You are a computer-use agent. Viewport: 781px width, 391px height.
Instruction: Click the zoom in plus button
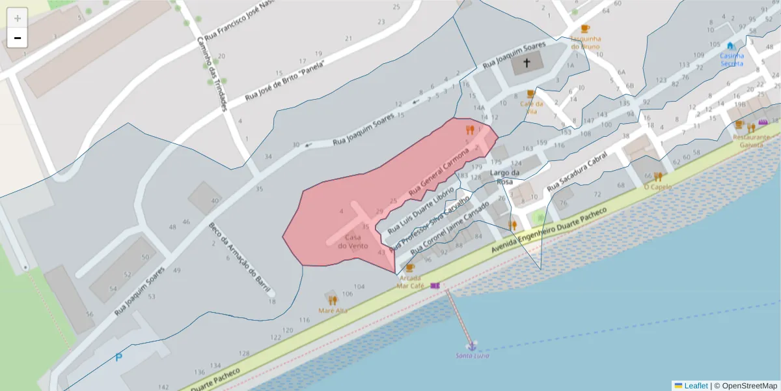[18, 18]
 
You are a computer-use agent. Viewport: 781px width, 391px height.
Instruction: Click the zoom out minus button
[18, 38]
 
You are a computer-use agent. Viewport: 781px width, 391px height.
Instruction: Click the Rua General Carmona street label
[439, 173]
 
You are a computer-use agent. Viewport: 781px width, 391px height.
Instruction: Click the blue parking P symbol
[118, 357]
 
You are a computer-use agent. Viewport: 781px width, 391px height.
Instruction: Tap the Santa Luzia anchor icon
[471, 346]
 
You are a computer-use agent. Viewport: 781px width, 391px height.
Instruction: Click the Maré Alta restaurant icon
[333, 300]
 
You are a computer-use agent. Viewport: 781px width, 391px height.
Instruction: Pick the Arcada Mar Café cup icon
[409, 267]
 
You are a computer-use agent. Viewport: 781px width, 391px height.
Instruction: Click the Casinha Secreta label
[732, 59]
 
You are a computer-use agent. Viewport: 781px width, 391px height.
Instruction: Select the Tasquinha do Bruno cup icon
[585, 29]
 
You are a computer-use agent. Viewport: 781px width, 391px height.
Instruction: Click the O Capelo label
[657, 186]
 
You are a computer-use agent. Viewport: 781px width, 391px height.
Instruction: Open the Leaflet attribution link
[695, 386]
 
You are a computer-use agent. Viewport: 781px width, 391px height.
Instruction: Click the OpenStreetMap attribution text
[748, 386]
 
